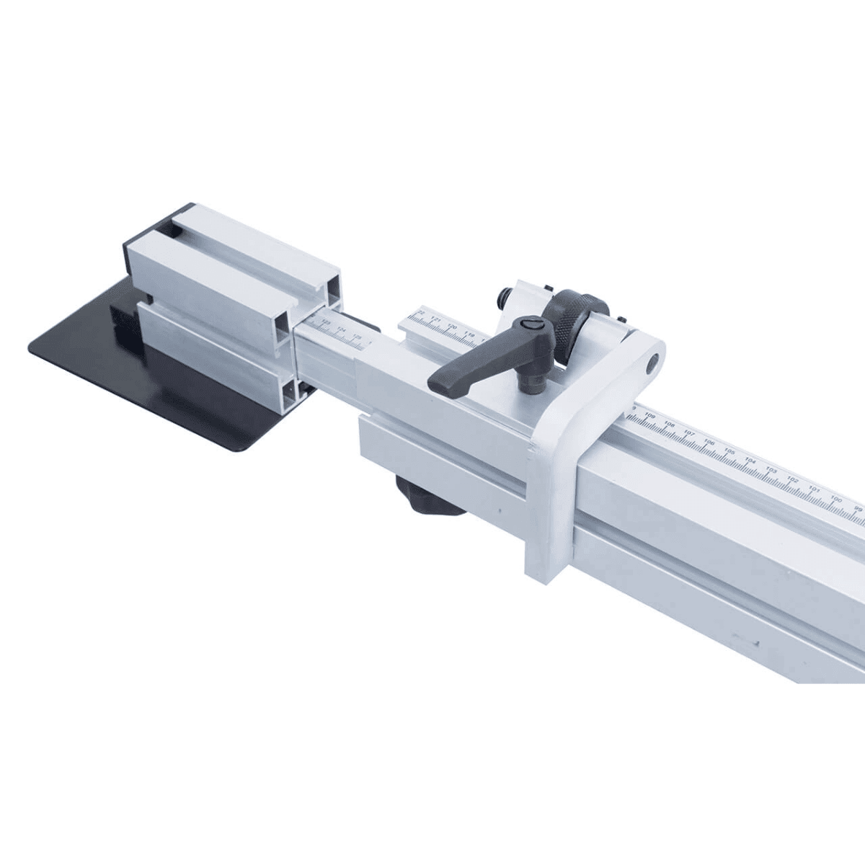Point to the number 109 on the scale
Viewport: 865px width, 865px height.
click(x=651, y=415)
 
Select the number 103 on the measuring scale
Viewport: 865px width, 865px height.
click(x=772, y=470)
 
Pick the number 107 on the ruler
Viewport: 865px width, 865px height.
click(x=689, y=433)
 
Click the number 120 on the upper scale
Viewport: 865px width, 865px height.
click(x=452, y=327)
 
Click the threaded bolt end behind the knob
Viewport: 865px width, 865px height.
click(x=504, y=296)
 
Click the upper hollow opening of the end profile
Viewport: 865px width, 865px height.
click(x=332, y=286)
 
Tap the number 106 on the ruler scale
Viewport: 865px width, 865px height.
click(x=709, y=443)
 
